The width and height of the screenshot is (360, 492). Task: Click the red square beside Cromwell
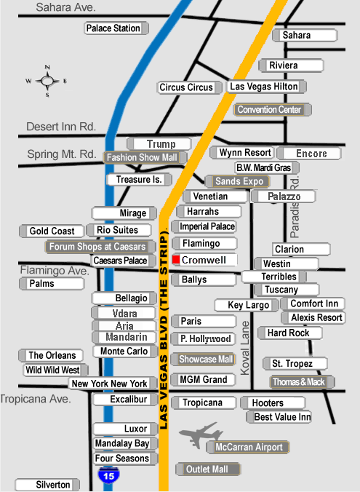click(176, 260)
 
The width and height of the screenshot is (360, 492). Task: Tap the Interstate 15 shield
click(108, 475)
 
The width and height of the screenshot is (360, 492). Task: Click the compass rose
click(47, 81)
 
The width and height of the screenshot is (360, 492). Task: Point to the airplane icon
click(201, 435)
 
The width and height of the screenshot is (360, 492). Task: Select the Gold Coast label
click(52, 231)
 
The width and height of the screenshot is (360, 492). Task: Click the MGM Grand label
click(204, 379)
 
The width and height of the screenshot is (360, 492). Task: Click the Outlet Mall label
click(208, 469)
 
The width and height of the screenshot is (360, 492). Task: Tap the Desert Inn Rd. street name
click(61, 127)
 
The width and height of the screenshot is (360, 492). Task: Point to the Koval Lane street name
click(244, 348)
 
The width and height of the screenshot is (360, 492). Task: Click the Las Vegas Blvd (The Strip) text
click(164, 330)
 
